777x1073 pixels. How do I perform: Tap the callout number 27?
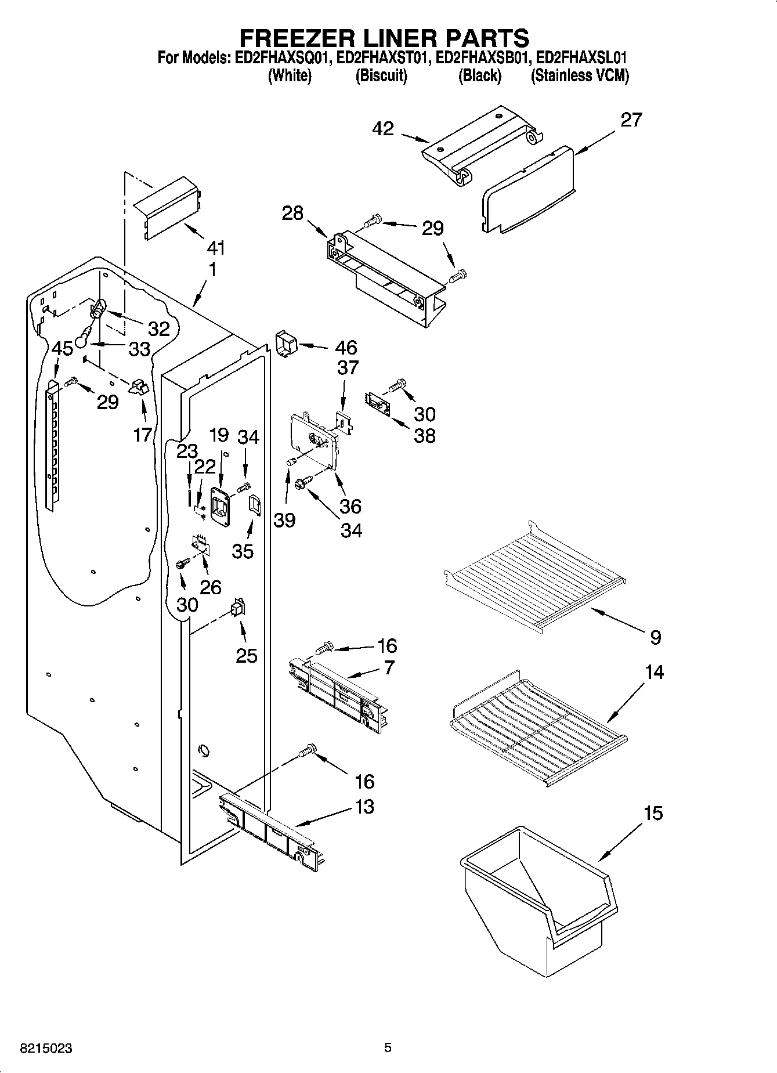(x=631, y=120)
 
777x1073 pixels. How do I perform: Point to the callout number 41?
(x=215, y=248)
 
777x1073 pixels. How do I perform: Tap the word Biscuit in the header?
(x=381, y=76)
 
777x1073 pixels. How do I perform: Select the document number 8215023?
(x=46, y=1049)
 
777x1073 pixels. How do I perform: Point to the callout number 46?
(x=346, y=348)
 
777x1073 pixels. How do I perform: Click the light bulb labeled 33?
(x=84, y=336)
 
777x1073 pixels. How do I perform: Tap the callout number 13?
(x=364, y=807)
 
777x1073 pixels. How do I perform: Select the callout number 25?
(x=247, y=655)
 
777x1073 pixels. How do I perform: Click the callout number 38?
(x=424, y=435)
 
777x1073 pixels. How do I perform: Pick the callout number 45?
(x=63, y=349)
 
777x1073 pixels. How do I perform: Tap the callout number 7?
(x=388, y=667)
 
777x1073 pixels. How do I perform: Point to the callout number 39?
(x=284, y=520)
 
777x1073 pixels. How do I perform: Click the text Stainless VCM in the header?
(x=580, y=76)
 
